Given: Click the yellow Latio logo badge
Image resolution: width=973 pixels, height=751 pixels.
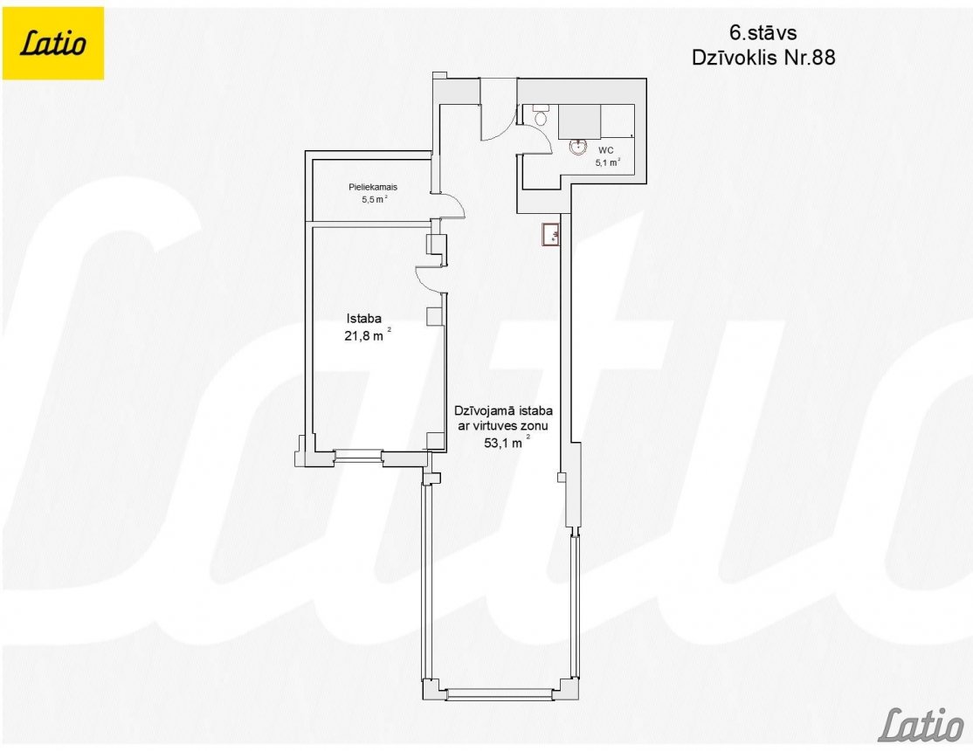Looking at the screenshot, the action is coord(53,44).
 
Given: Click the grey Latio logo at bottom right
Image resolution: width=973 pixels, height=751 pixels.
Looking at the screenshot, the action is coord(921,724).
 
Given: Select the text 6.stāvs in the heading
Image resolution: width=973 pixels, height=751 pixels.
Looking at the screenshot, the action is coord(763,32).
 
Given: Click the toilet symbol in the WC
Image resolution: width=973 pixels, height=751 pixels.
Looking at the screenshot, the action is coord(540,114).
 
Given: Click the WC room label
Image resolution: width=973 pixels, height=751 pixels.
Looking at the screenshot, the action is coord(605,150).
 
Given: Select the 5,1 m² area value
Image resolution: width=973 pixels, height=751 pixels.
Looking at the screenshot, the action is coord(608,163).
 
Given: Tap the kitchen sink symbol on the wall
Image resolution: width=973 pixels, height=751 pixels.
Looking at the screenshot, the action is coord(552,235).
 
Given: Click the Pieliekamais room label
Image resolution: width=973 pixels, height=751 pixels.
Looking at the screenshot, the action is coord(372,187).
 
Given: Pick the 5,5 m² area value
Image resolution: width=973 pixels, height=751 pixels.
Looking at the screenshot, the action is coord(374,200).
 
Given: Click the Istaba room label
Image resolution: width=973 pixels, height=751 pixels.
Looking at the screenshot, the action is coord(363,319).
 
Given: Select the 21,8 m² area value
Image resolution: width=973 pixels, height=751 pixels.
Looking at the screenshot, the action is coord(368,336).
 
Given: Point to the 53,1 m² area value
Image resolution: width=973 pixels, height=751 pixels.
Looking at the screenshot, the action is coord(507,443).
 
